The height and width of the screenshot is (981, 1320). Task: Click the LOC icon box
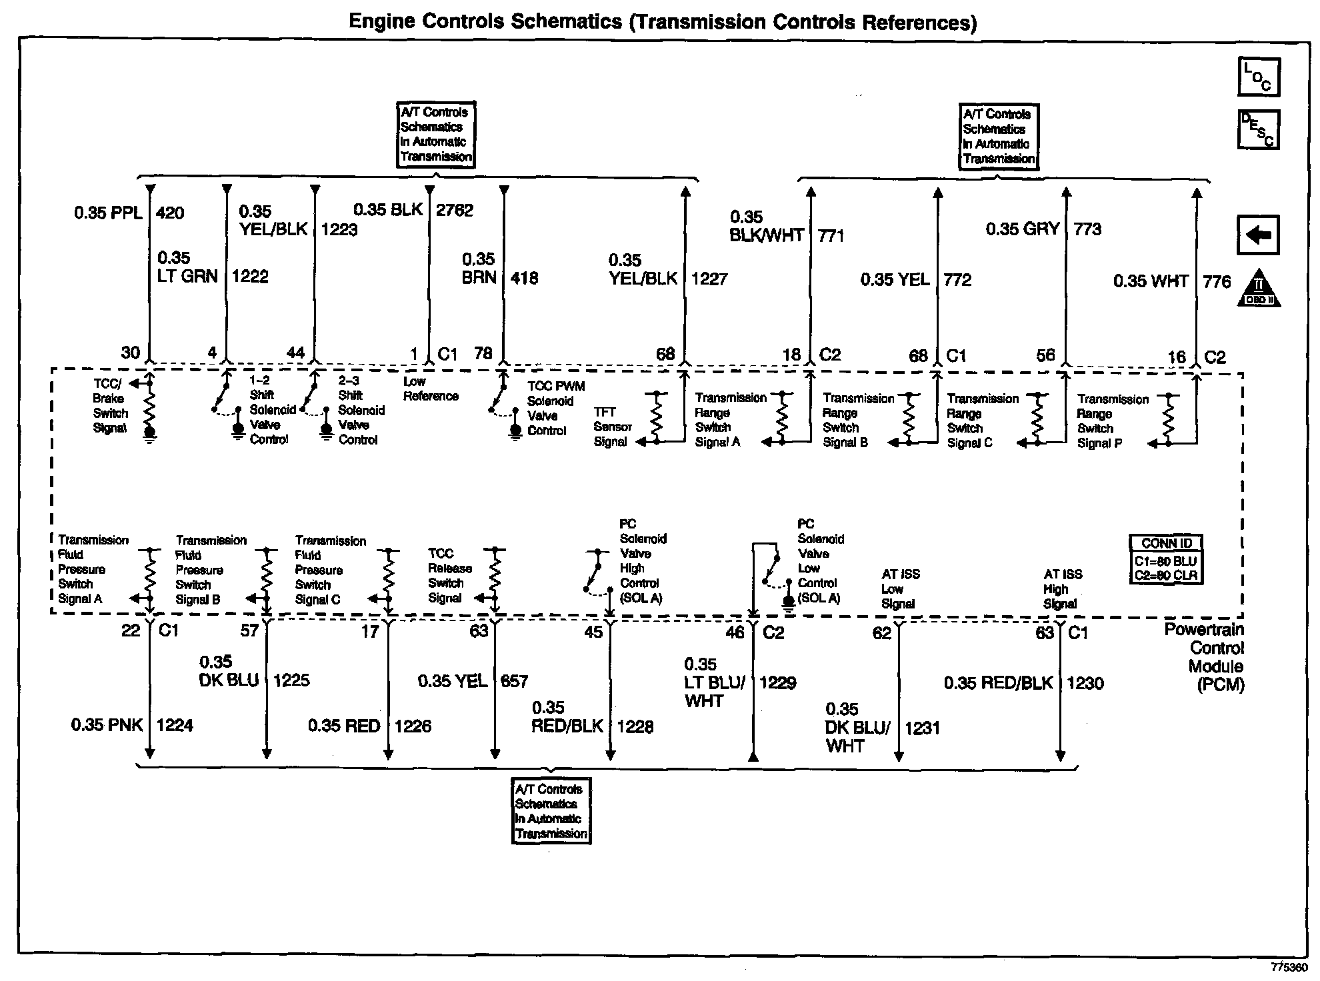pos(1259,77)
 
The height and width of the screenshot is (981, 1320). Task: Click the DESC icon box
pos(1258,129)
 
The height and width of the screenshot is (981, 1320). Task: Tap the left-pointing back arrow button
pos(1258,235)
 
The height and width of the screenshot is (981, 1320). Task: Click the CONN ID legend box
pos(1166,560)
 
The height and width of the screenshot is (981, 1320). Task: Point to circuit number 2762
pos(455,211)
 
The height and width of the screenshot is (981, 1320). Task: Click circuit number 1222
pos(250,277)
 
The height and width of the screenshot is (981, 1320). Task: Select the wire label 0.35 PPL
pos(108,213)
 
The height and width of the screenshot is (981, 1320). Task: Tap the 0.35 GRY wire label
pos(1022,229)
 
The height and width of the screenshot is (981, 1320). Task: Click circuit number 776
pos(1217,282)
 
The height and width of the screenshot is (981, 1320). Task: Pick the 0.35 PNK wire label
pos(107,725)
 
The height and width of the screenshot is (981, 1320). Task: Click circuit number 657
pos(514,681)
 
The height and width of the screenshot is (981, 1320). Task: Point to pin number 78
pos(483,354)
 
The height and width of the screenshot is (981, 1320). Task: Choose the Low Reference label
pos(431,389)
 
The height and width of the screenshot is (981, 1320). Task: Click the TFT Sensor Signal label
pos(612,427)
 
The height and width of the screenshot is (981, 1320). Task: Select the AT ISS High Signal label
pos(1063,589)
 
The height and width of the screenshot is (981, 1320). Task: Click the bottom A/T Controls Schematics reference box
pos(551,811)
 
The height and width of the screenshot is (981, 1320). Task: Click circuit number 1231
pos(922,728)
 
